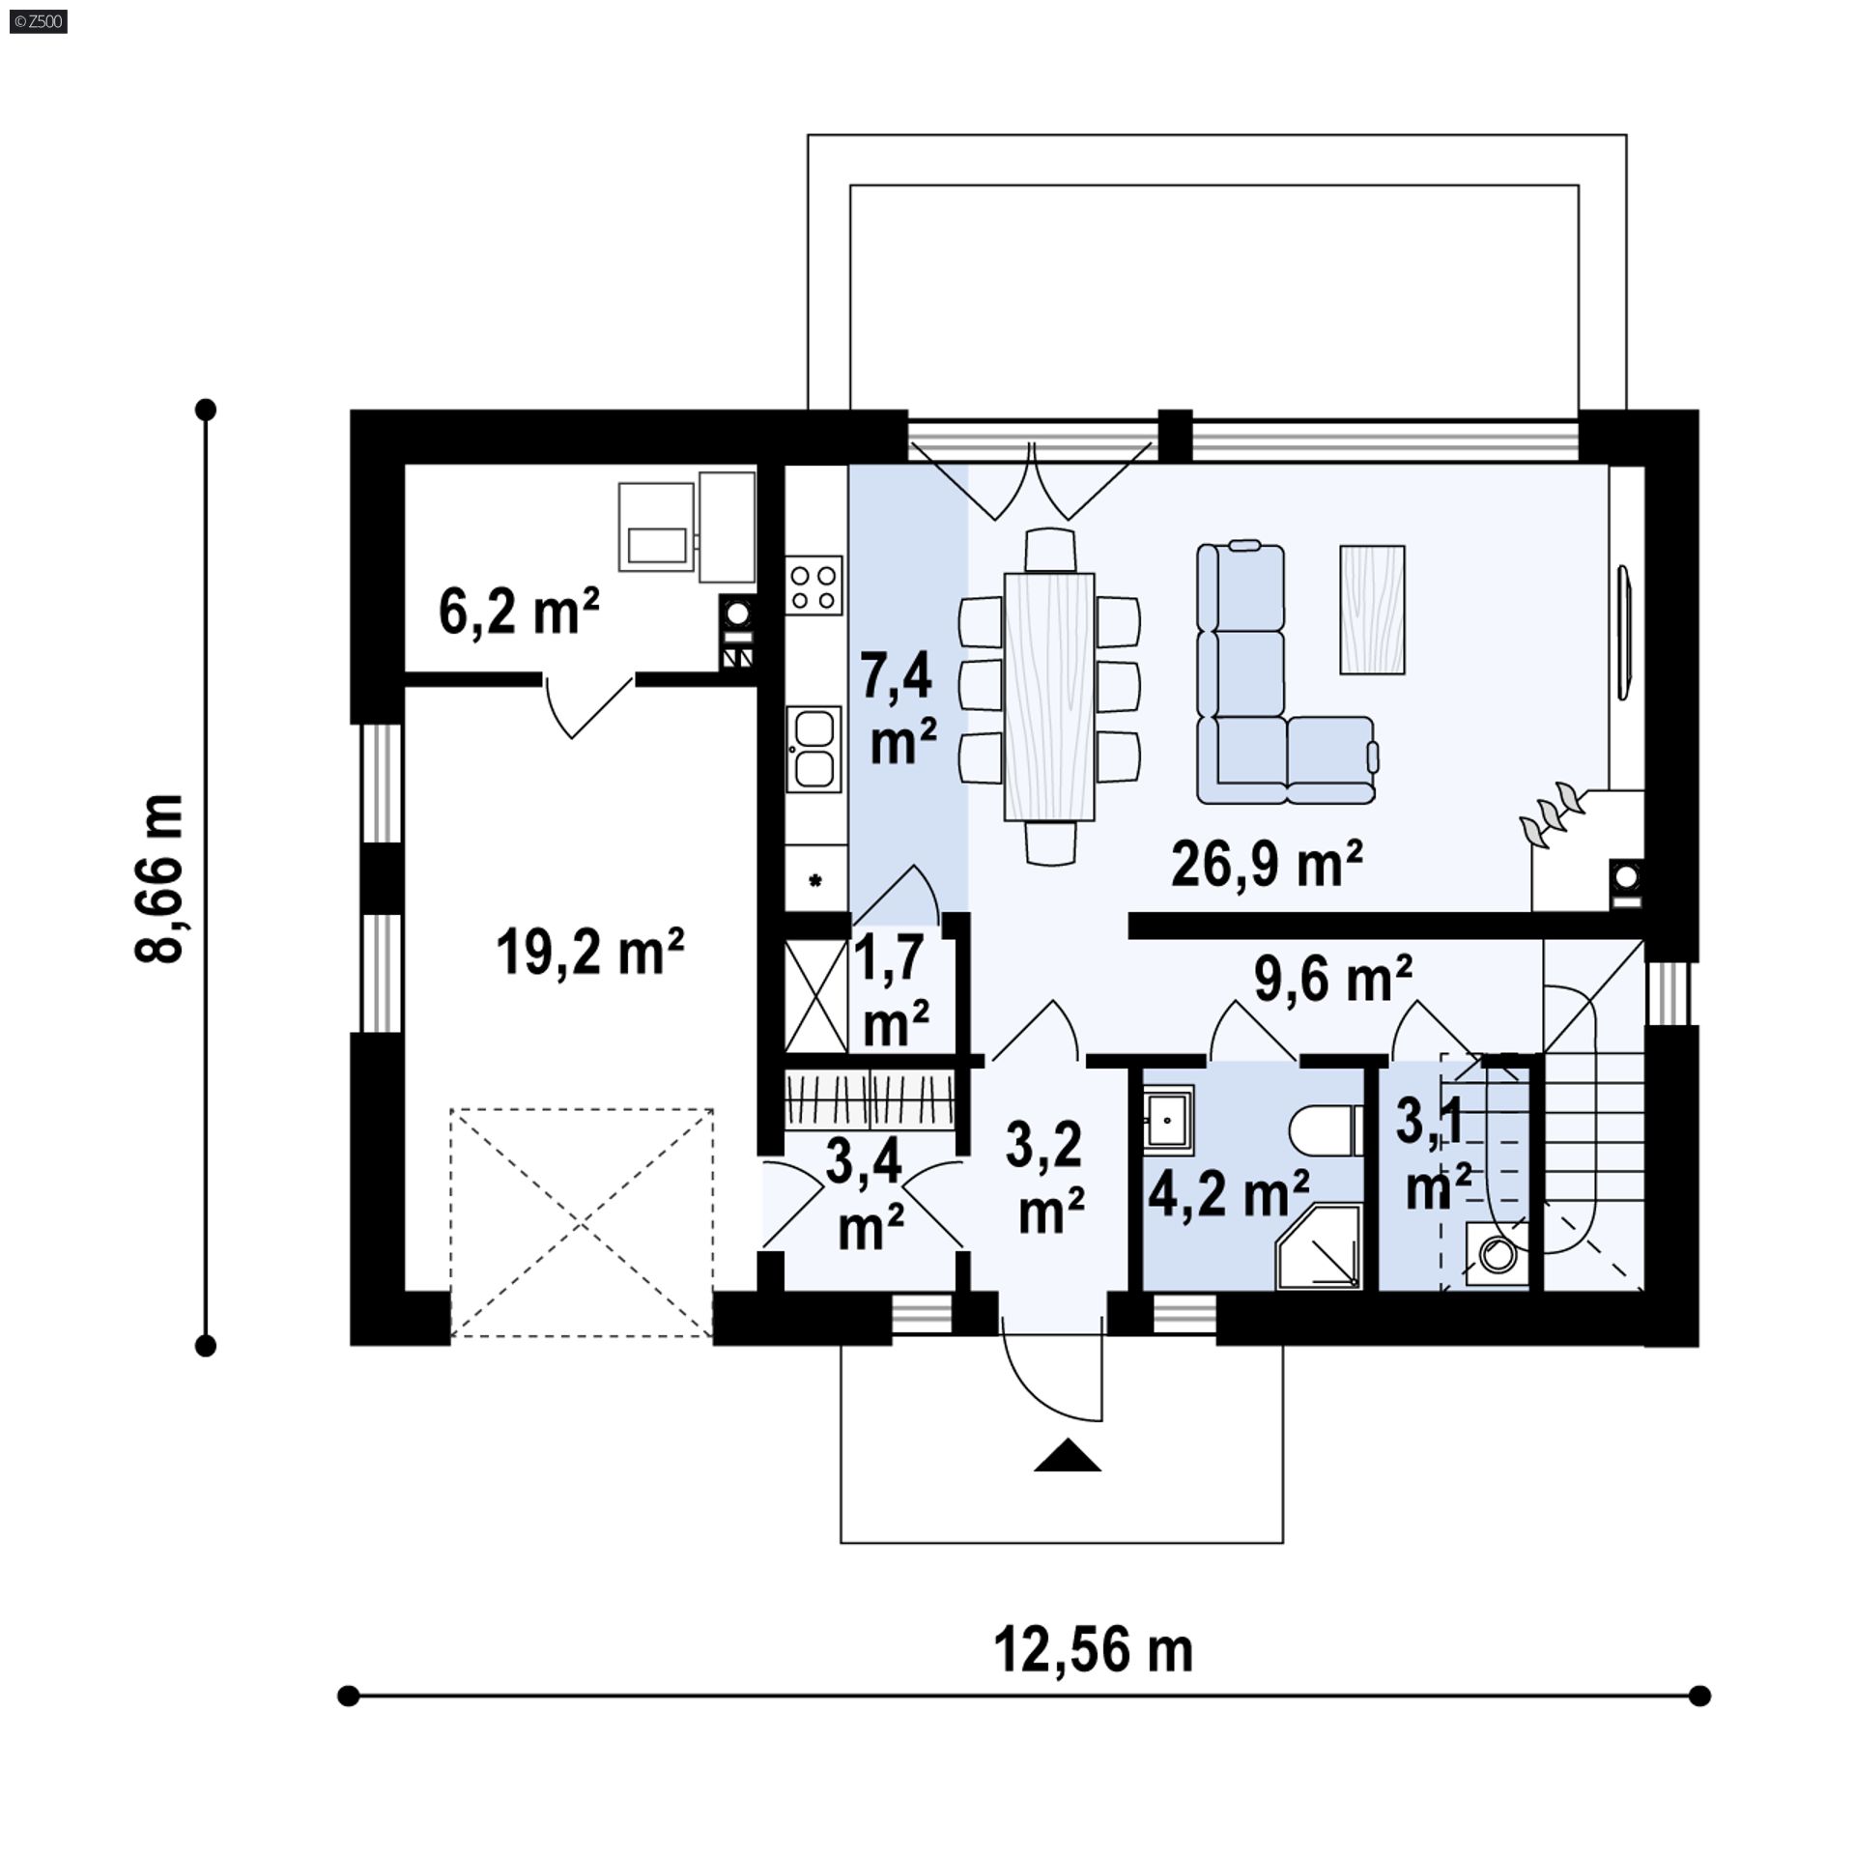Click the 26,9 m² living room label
click(1267, 864)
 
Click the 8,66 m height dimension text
click(158, 878)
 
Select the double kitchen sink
click(813, 749)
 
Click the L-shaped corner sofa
click(1286, 673)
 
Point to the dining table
click(1049, 697)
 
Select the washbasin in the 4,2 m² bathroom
click(1168, 1119)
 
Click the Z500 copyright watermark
click(34, 20)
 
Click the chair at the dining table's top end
click(1049, 549)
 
